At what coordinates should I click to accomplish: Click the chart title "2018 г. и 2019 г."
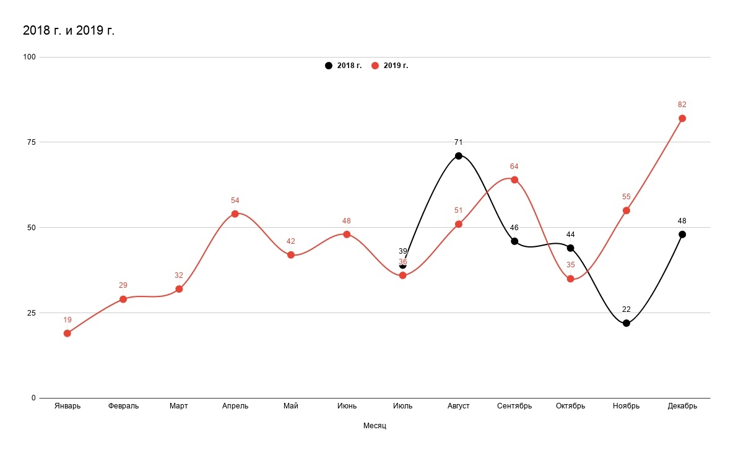point(69,30)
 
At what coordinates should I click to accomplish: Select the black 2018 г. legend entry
point(344,66)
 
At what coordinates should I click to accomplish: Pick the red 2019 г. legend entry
point(390,66)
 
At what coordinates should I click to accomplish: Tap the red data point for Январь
point(67,334)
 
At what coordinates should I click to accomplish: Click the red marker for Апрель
point(235,214)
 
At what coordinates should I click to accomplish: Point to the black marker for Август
point(459,156)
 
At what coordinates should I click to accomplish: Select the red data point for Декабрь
point(682,118)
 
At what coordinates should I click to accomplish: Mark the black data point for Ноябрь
point(627,323)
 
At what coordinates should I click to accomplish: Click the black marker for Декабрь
point(682,235)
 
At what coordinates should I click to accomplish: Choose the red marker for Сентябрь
point(514,180)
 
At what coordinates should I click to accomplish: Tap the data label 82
point(682,105)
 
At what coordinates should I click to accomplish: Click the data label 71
point(459,142)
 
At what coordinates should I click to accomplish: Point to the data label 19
point(67,320)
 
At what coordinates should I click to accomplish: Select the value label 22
point(627,309)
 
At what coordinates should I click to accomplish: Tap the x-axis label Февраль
point(123,406)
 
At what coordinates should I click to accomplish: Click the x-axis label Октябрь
point(570,406)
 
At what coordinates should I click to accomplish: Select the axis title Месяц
point(375,426)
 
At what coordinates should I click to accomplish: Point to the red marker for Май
point(291,255)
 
